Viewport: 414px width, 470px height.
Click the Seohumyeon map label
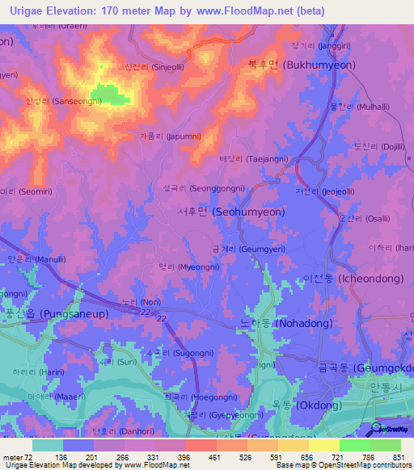pyautogui.click(x=220, y=212)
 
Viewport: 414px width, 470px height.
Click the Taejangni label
pyautogui.click(x=249, y=159)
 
